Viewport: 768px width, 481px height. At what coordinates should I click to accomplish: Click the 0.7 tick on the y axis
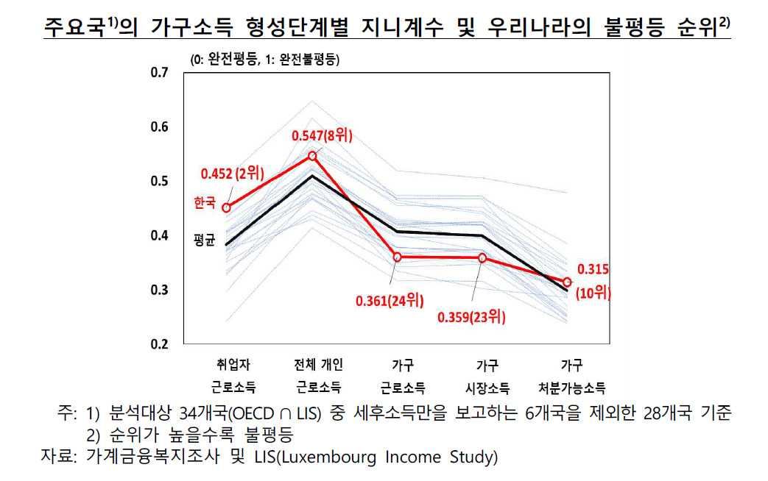point(159,72)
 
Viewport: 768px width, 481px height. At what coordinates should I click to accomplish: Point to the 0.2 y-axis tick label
point(159,344)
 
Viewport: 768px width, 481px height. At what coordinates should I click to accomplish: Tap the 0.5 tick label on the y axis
point(159,181)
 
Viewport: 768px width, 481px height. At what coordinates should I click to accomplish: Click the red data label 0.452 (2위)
point(232,173)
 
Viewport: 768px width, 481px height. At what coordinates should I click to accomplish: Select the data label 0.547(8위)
point(322,135)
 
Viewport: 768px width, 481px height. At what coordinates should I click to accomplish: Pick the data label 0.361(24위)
point(390,300)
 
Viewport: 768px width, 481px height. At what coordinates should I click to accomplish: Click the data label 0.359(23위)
point(471,317)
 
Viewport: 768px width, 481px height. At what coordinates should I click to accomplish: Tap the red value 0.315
point(593,269)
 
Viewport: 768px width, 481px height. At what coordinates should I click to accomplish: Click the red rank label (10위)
point(593,293)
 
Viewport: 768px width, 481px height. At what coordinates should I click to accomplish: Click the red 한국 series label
point(205,202)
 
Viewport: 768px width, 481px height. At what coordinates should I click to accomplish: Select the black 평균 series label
point(204,240)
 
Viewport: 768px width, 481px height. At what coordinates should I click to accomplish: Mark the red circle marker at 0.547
point(312,156)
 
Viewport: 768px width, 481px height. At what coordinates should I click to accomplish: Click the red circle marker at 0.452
point(226,208)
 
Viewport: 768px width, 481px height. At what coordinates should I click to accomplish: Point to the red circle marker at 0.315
point(567,282)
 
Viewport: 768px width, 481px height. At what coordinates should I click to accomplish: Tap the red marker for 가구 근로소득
point(397,257)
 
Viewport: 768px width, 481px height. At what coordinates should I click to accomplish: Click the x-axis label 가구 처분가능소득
point(571,377)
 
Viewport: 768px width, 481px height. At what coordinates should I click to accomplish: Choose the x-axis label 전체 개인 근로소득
point(318,377)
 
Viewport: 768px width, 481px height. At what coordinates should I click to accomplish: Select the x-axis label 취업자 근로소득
point(233,377)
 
